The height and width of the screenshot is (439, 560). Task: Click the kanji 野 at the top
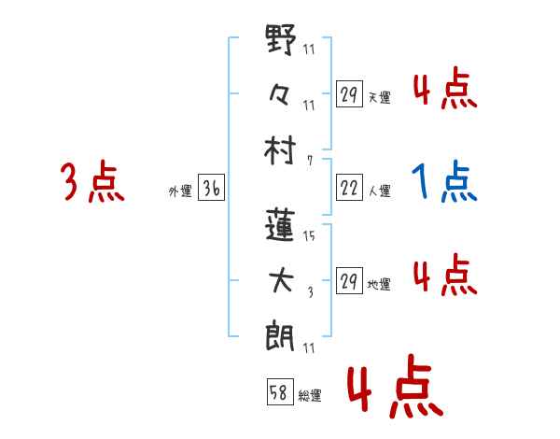point(281,42)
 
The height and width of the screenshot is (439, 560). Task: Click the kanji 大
point(281,282)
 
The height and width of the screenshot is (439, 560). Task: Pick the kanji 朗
point(281,335)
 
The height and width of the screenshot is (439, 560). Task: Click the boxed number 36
point(211,190)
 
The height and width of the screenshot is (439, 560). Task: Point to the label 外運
point(180,191)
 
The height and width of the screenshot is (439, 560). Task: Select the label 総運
point(310,396)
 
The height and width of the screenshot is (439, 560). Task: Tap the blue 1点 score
point(444,182)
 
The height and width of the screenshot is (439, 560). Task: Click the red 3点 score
point(92,182)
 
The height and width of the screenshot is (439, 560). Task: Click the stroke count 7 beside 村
point(309,159)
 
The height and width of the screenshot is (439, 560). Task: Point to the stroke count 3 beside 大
point(309,292)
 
